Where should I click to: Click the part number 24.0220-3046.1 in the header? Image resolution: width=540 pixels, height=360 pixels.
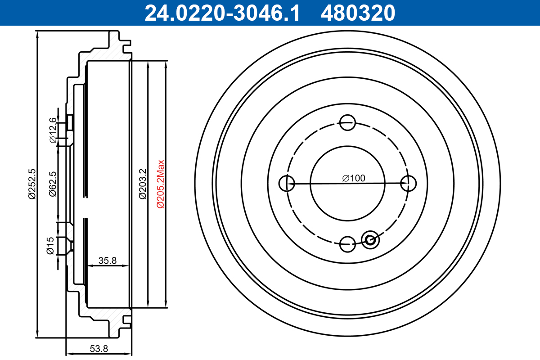coord(221,13)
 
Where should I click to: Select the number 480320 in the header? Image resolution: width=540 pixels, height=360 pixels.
coord(358,13)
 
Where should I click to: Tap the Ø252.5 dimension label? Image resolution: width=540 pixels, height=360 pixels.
coord(31,183)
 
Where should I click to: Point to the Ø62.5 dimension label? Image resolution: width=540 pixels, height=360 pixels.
coord(53,184)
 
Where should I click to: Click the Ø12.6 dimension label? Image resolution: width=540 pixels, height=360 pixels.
coord(53,130)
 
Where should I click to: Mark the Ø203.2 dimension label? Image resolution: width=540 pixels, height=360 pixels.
coord(142,184)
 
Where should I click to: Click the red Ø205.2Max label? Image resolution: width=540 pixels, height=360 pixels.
coord(161,184)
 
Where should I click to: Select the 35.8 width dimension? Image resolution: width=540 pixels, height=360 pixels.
coord(108,260)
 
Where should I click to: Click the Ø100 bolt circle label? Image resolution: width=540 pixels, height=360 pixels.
coord(353,178)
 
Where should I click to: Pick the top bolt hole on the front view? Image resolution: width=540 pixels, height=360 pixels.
coord(347,122)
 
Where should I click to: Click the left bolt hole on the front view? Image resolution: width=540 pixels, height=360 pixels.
coord(287,183)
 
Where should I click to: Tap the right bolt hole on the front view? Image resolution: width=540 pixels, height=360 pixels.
coord(408,183)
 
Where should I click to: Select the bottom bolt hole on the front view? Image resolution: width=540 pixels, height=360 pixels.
coord(347,244)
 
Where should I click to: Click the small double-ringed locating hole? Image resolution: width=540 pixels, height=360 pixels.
coord(371,239)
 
